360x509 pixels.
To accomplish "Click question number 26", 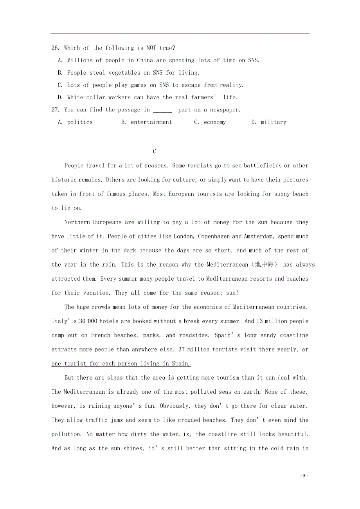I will (x=55, y=48).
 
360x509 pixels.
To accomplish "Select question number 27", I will (x=55, y=110).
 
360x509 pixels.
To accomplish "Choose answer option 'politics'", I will (x=80, y=122).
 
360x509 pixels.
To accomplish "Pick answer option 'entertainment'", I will (x=151, y=122).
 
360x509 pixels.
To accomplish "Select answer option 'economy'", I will (x=214, y=122).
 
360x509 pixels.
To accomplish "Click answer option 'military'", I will (x=273, y=122).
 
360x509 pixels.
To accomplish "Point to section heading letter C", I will (x=155, y=152).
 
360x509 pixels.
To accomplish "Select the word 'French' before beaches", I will (x=101, y=335).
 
